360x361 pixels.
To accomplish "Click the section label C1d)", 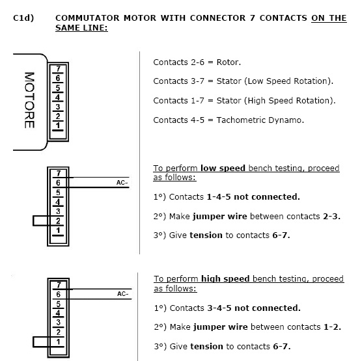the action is pyautogui.click(x=23, y=18).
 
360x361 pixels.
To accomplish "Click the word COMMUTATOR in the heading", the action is pyautogui.click(x=87, y=18).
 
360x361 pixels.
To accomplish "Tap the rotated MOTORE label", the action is pyautogui.click(x=30, y=100).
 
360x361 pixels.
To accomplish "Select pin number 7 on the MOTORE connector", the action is pyautogui.click(x=58, y=68).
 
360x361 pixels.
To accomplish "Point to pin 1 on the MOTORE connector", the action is pyautogui.click(x=58, y=126).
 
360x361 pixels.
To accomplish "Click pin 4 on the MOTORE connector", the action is pyautogui.click(x=58, y=97).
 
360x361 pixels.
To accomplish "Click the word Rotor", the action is pyautogui.click(x=228, y=62).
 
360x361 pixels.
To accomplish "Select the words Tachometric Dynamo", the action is pyautogui.click(x=260, y=120).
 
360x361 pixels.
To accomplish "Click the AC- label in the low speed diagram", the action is pyautogui.click(x=122, y=183).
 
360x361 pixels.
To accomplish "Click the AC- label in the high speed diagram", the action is pyautogui.click(x=123, y=294).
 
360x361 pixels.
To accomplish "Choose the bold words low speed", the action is pyautogui.click(x=223, y=168).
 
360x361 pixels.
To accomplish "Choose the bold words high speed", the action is pyautogui.click(x=225, y=279).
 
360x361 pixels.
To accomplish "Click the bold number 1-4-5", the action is pyautogui.click(x=219, y=197).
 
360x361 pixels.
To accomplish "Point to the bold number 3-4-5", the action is pyautogui.click(x=219, y=308).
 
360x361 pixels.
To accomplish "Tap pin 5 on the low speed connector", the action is pyautogui.click(x=58, y=193).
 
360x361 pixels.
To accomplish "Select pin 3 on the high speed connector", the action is pyautogui.click(x=59, y=323).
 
